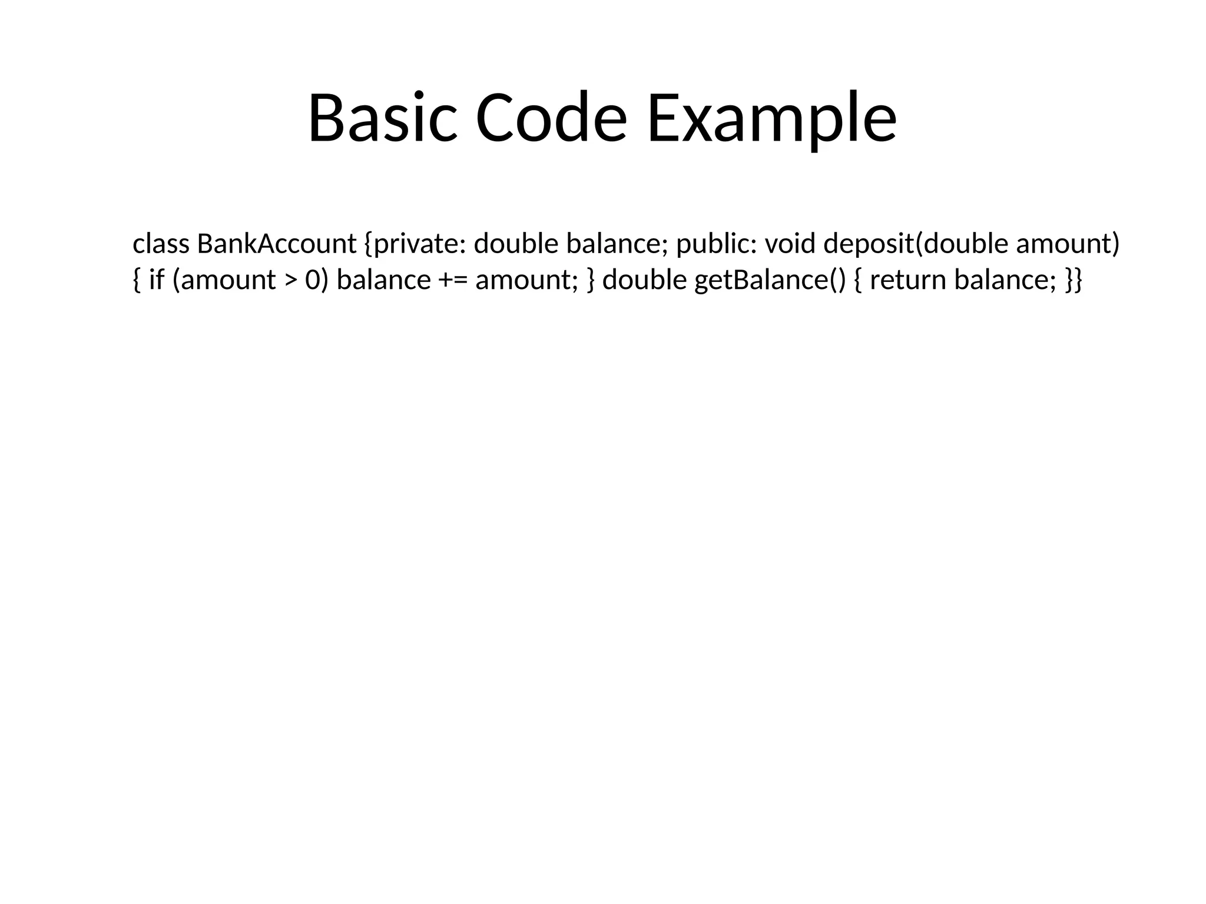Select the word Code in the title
[551, 118]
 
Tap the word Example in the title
[771, 118]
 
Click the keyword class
[161, 244]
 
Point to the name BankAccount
[277, 244]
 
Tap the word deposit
[869, 244]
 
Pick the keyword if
[157, 280]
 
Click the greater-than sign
[291, 280]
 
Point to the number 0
[312, 280]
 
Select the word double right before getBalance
[644, 280]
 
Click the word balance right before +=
[383, 280]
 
